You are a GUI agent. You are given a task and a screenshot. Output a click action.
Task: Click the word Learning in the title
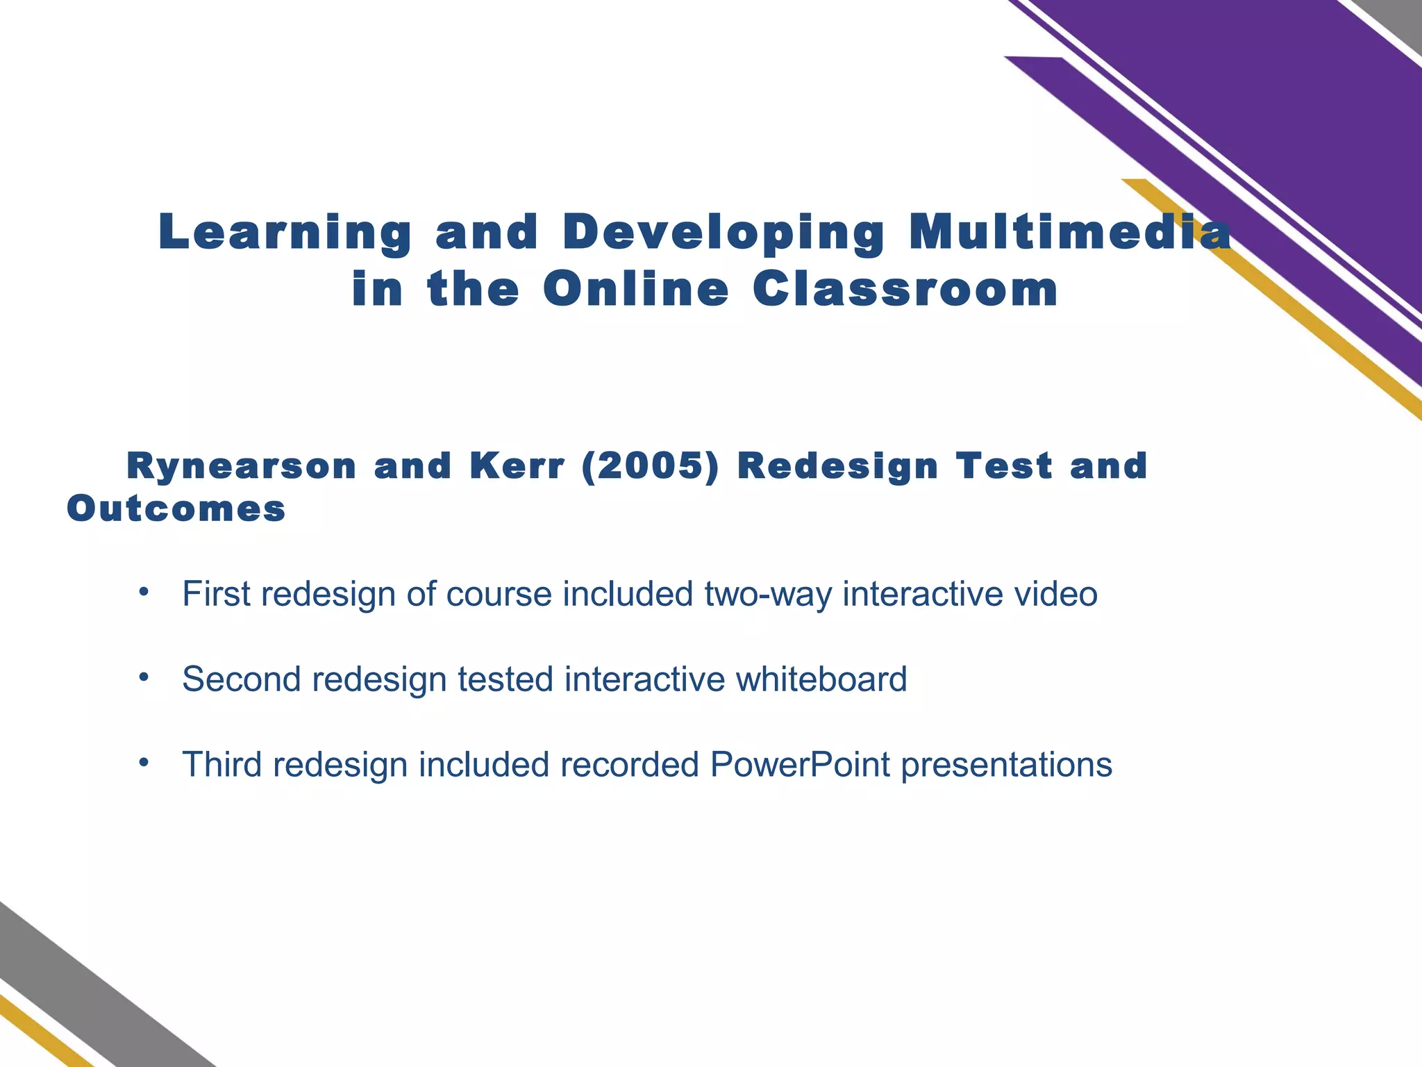point(285,233)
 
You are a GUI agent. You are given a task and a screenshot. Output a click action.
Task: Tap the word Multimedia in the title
point(1070,232)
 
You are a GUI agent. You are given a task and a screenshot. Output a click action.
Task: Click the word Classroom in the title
point(905,290)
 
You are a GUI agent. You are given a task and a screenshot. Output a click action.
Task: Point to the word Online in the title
point(635,290)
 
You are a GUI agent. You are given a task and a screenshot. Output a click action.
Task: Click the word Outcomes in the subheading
point(176,509)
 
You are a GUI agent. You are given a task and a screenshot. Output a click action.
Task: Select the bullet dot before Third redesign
point(144,763)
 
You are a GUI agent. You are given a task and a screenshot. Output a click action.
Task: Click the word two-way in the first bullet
point(767,595)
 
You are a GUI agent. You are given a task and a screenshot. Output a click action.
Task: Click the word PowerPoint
point(800,765)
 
